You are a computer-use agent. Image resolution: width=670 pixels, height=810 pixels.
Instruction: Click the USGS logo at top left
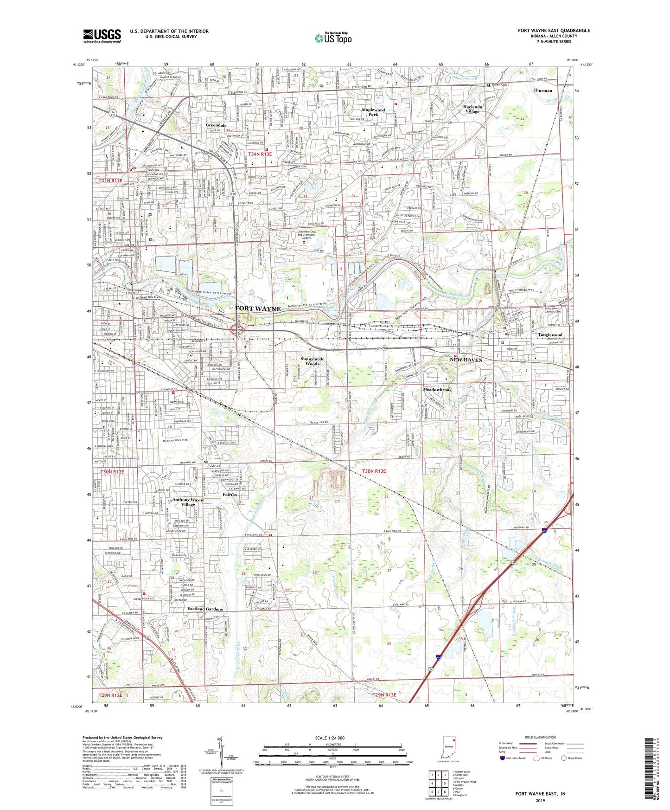click(x=102, y=36)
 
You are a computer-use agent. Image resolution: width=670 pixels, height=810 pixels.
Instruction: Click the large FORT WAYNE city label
click(x=258, y=309)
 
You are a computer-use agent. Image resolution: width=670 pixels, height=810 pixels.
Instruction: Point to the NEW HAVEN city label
click(x=466, y=360)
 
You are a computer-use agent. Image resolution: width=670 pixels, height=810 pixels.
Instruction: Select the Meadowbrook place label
click(x=437, y=390)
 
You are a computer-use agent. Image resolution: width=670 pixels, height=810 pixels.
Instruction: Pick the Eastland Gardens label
click(x=205, y=609)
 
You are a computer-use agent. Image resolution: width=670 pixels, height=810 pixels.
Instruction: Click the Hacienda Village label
click(x=472, y=109)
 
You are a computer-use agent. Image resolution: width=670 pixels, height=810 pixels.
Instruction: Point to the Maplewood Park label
click(x=373, y=112)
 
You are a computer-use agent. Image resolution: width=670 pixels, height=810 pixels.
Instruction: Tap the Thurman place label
click(x=542, y=90)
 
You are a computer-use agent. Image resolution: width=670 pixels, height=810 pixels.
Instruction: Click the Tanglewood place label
click(x=550, y=335)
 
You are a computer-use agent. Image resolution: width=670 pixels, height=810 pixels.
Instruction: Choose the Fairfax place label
click(x=230, y=495)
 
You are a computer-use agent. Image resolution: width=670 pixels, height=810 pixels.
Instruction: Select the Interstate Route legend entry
click(x=515, y=758)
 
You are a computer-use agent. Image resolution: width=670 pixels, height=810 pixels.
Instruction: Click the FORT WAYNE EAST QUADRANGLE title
click(x=554, y=31)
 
